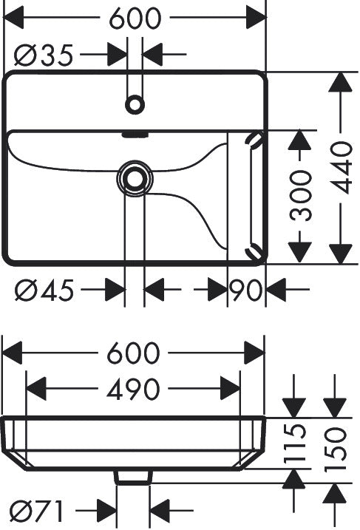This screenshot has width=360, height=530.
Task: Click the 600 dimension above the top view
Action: pyautogui.click(x=135, y=18)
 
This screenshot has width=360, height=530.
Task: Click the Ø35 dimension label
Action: pyautogui.click(x=44, y=55)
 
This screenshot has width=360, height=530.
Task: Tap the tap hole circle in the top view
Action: pyautogui.click(x=135, y=104)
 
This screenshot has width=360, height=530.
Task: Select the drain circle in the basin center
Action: pyautogui.click(x=135, y=178)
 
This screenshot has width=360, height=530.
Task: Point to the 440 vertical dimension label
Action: pyautogui.click(x=341, y=168)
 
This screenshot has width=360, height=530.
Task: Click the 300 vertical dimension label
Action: pyautogui.click(x=301, y=196)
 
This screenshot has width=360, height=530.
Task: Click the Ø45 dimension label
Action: pyautogui.click(x=44, y=290)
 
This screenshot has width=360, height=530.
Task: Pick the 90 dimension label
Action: pyautogui.click(x=245, y=290)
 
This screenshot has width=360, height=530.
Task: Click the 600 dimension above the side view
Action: pyautogui.click(x=133, y=353)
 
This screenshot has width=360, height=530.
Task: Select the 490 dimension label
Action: pyautogui.click(x=133, y=389)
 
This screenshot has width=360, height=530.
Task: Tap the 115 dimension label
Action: pyautogui.click(x=295, y=444)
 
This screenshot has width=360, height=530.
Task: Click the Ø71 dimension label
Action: pyautogui.click(x=36, y=511)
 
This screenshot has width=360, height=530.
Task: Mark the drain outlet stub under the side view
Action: pyautogui.click(x=133, y=478)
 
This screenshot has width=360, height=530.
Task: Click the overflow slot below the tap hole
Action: pyautogui.click(x=135, y=135)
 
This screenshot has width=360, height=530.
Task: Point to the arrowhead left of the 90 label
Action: pyautogui.click(x=217, y=290)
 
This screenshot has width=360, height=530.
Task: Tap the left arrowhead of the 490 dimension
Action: pyautogui.click(x=35, y=389)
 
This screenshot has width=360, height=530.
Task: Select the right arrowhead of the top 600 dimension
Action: pyautogui.click(x=257, y=17)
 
